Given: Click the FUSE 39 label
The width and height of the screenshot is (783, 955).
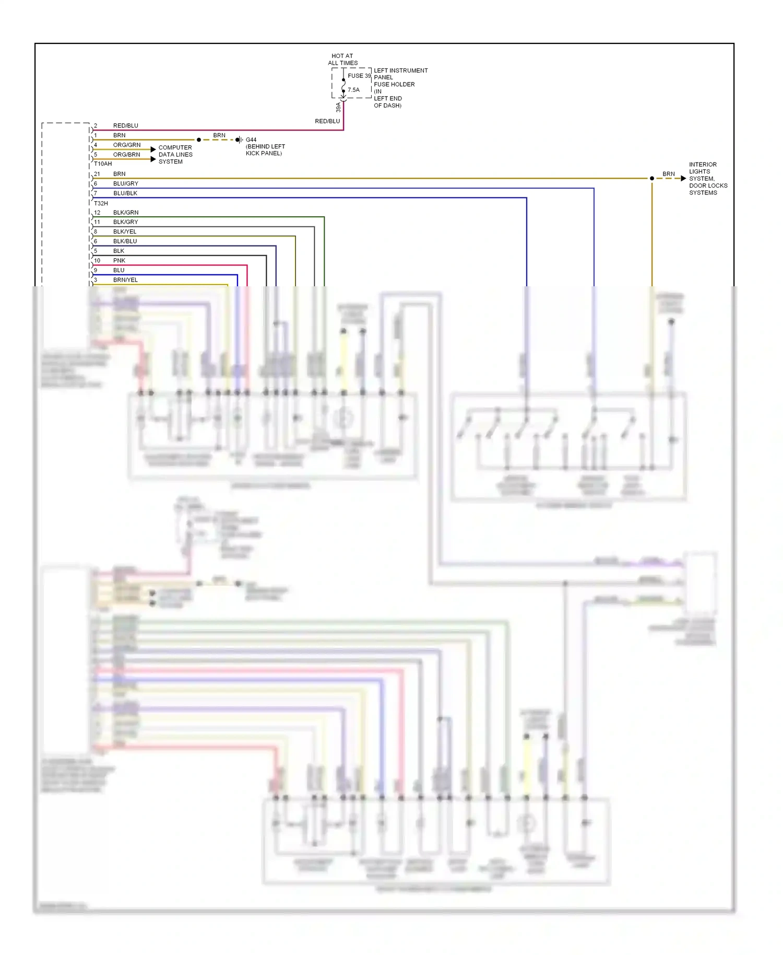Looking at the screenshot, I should [359, 76].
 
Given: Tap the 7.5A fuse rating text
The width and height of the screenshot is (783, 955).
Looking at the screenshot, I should [353, 90].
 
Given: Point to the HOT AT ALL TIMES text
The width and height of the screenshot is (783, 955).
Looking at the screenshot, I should [342, 60].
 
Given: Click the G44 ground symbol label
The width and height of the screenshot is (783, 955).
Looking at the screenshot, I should [251, 140].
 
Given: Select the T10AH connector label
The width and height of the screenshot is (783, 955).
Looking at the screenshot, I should [103, 164].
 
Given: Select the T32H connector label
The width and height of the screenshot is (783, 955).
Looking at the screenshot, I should [101, 203].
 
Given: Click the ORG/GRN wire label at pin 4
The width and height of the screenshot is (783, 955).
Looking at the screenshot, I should [127, 145].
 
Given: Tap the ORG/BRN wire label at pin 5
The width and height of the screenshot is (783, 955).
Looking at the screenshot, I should [127, 155].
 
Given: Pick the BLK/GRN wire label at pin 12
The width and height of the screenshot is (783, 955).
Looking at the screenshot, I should [126, 213].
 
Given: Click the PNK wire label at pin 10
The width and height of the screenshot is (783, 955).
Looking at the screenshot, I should [119, 261].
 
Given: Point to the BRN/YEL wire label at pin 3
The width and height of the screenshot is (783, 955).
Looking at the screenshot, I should [125, 280].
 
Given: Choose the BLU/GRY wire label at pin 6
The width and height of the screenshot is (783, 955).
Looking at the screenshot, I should [126, 184].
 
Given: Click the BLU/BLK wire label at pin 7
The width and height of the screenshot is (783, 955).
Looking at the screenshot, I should [125, 193].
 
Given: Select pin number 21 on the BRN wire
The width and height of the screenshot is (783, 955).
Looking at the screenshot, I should [97, 174].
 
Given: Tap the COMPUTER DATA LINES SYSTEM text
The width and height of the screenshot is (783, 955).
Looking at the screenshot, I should [175, 155].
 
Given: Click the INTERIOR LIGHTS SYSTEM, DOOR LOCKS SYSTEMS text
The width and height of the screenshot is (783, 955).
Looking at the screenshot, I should [708, 179].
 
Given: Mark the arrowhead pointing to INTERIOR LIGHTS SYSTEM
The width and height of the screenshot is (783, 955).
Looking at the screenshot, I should [683, 179].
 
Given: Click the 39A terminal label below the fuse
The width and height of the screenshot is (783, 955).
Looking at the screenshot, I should [338, 107].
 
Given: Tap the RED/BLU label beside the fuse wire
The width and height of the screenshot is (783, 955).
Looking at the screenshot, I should [327, 121].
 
